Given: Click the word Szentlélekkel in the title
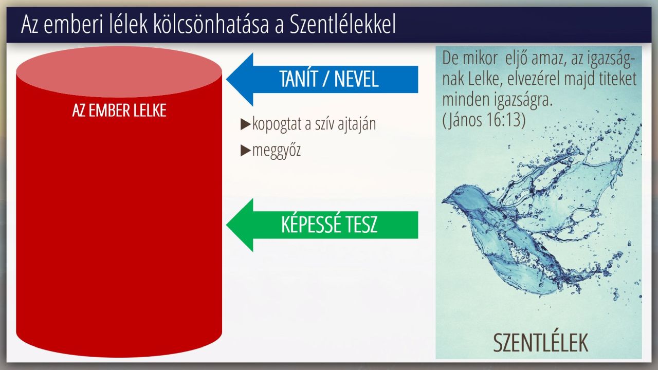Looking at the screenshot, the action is (x=342, y=24).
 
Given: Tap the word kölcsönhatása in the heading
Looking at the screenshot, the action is (x=211, y=24).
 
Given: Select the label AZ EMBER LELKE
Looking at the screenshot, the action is (x=119, y=110).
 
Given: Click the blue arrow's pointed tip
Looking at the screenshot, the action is (x=227, y=79).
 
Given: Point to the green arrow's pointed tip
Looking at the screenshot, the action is (x=227, y=225).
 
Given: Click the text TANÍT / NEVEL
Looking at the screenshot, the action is (x=328, y=79).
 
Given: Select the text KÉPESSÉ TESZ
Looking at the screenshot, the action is (x=329, y=225).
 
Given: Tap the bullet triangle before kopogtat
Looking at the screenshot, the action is (x=245, y=124).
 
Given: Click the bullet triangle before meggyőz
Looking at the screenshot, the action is (x=245, y=151).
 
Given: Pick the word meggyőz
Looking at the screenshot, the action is (x=277, y=151).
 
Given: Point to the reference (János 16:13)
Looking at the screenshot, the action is (x=484, y=120).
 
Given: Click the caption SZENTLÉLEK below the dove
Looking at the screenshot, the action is (x=540, y=343).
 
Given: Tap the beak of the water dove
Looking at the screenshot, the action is (x=444, y=201).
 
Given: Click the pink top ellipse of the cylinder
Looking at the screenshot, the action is (x=119, y=72).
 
